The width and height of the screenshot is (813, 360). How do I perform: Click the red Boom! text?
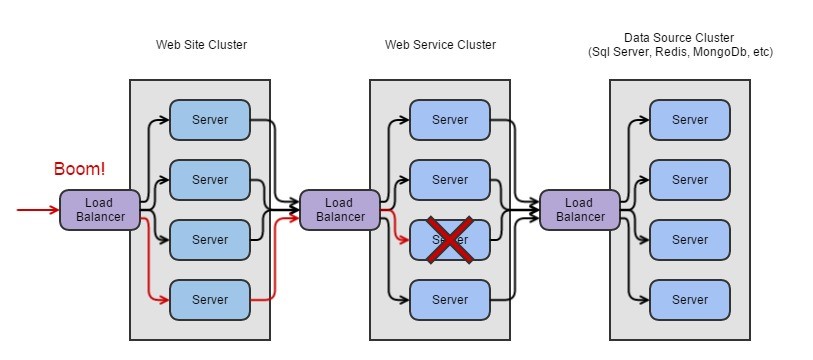[79, 169]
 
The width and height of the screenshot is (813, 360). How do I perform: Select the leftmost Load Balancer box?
[99, 210]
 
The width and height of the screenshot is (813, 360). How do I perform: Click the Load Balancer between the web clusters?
[339, 210]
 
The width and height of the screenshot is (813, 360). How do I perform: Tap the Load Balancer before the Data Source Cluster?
[580, 210]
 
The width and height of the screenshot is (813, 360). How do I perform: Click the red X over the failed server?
[450, 240]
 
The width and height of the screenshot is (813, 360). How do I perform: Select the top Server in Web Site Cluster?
[210, 120]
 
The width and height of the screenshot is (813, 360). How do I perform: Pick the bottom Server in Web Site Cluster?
[210, 300]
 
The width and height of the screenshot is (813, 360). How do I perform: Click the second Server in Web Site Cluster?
[210, 180]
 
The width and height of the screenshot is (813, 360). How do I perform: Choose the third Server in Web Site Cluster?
[210, 240]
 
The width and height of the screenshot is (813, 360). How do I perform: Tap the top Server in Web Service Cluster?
[450, 120]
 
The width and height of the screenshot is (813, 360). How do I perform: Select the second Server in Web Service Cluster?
[450, 180]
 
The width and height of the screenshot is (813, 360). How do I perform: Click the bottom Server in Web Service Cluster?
[450, 300]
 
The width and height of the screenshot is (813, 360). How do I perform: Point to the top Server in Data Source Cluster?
[690, 120]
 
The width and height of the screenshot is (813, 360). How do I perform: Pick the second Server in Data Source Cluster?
[690, 180]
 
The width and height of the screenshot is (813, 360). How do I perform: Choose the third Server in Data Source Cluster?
[690, 240]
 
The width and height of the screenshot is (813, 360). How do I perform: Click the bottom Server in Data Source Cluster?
[690, 300]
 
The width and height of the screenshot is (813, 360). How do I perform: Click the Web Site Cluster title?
[201, 45]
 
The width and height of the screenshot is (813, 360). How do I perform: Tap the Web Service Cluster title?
[440, 45]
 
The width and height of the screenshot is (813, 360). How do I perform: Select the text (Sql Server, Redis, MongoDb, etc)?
[680, 52]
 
